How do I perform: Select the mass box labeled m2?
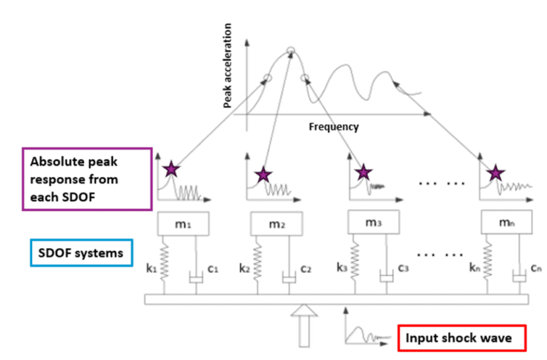(277, 226)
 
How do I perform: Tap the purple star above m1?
(171, 170)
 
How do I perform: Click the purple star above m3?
(364, 172)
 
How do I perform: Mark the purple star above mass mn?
(495, 173)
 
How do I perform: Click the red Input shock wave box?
(461, 337)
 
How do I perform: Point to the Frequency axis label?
(333, 127)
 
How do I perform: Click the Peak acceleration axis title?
(229, 66)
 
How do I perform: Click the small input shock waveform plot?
(363, 331)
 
